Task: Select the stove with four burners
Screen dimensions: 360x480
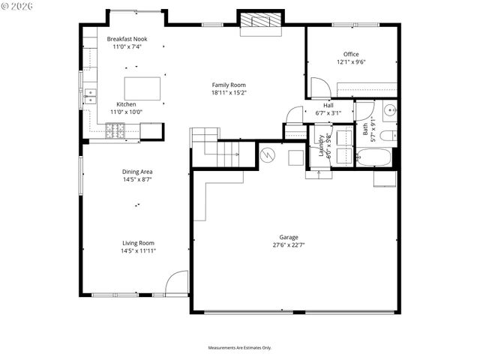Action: [x=115, y=131]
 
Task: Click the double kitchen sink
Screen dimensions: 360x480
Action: [x=91, y=96]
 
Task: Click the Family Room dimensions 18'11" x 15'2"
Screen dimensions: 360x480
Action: [x=229, y=93]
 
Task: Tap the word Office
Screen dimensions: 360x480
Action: [x=351, y=54]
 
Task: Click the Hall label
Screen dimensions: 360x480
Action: [x=328, y=106]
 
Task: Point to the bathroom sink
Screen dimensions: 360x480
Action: [x=389, y=112]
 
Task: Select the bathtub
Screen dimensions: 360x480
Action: [x=373, y=158]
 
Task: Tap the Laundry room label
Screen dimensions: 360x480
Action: [x=322, y=144]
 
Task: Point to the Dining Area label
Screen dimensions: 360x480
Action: [x=137, y=172]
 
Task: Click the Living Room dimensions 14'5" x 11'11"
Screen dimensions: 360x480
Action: [x=139, y=251]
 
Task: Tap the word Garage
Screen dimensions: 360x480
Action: [x=289, y=236]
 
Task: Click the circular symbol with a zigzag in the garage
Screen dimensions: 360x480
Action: [x=268, y=154]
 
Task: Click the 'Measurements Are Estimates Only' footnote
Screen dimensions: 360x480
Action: [x=239, y=347]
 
